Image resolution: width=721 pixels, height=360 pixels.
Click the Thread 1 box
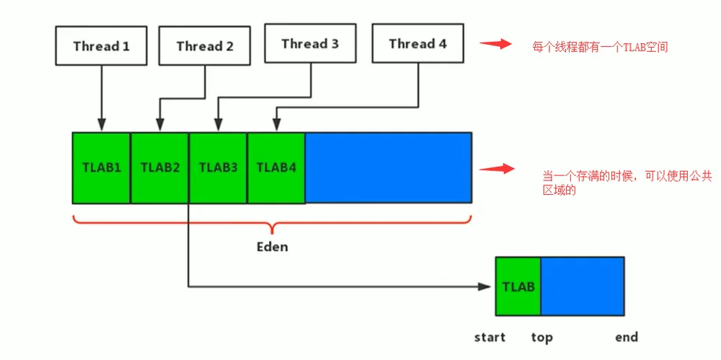pos(101,45)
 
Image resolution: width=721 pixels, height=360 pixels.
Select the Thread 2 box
pos(205,45)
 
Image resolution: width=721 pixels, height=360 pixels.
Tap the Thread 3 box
pos(311,43)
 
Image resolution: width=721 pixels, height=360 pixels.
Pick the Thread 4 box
pos(418,43)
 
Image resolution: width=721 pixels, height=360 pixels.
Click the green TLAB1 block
pos(102,167)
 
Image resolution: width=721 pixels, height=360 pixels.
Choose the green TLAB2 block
pos(159,167)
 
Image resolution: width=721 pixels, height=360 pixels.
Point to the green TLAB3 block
pos(218,167)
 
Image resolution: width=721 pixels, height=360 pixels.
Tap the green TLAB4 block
pos(276,167)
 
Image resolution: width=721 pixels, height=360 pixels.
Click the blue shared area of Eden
pos(389,167)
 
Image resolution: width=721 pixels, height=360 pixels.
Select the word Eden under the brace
pos(273,246)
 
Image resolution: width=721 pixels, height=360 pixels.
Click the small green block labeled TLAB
pos(518,286)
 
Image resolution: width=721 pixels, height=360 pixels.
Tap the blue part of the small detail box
pos(583,286)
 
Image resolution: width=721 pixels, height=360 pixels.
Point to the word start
pos(490,338)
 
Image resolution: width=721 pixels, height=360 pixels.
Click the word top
pos(541,338)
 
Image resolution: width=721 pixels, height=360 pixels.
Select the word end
pos(627,338)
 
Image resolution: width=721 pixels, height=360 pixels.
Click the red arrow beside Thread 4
pos(496,44)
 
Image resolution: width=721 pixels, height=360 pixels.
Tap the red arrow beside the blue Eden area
pos(497,169)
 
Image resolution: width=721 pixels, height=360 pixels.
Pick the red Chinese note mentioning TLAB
pos(600,48)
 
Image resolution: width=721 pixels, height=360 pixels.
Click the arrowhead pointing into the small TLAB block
pos(485,286)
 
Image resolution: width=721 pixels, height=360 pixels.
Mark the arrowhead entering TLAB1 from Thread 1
pos(101,124)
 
